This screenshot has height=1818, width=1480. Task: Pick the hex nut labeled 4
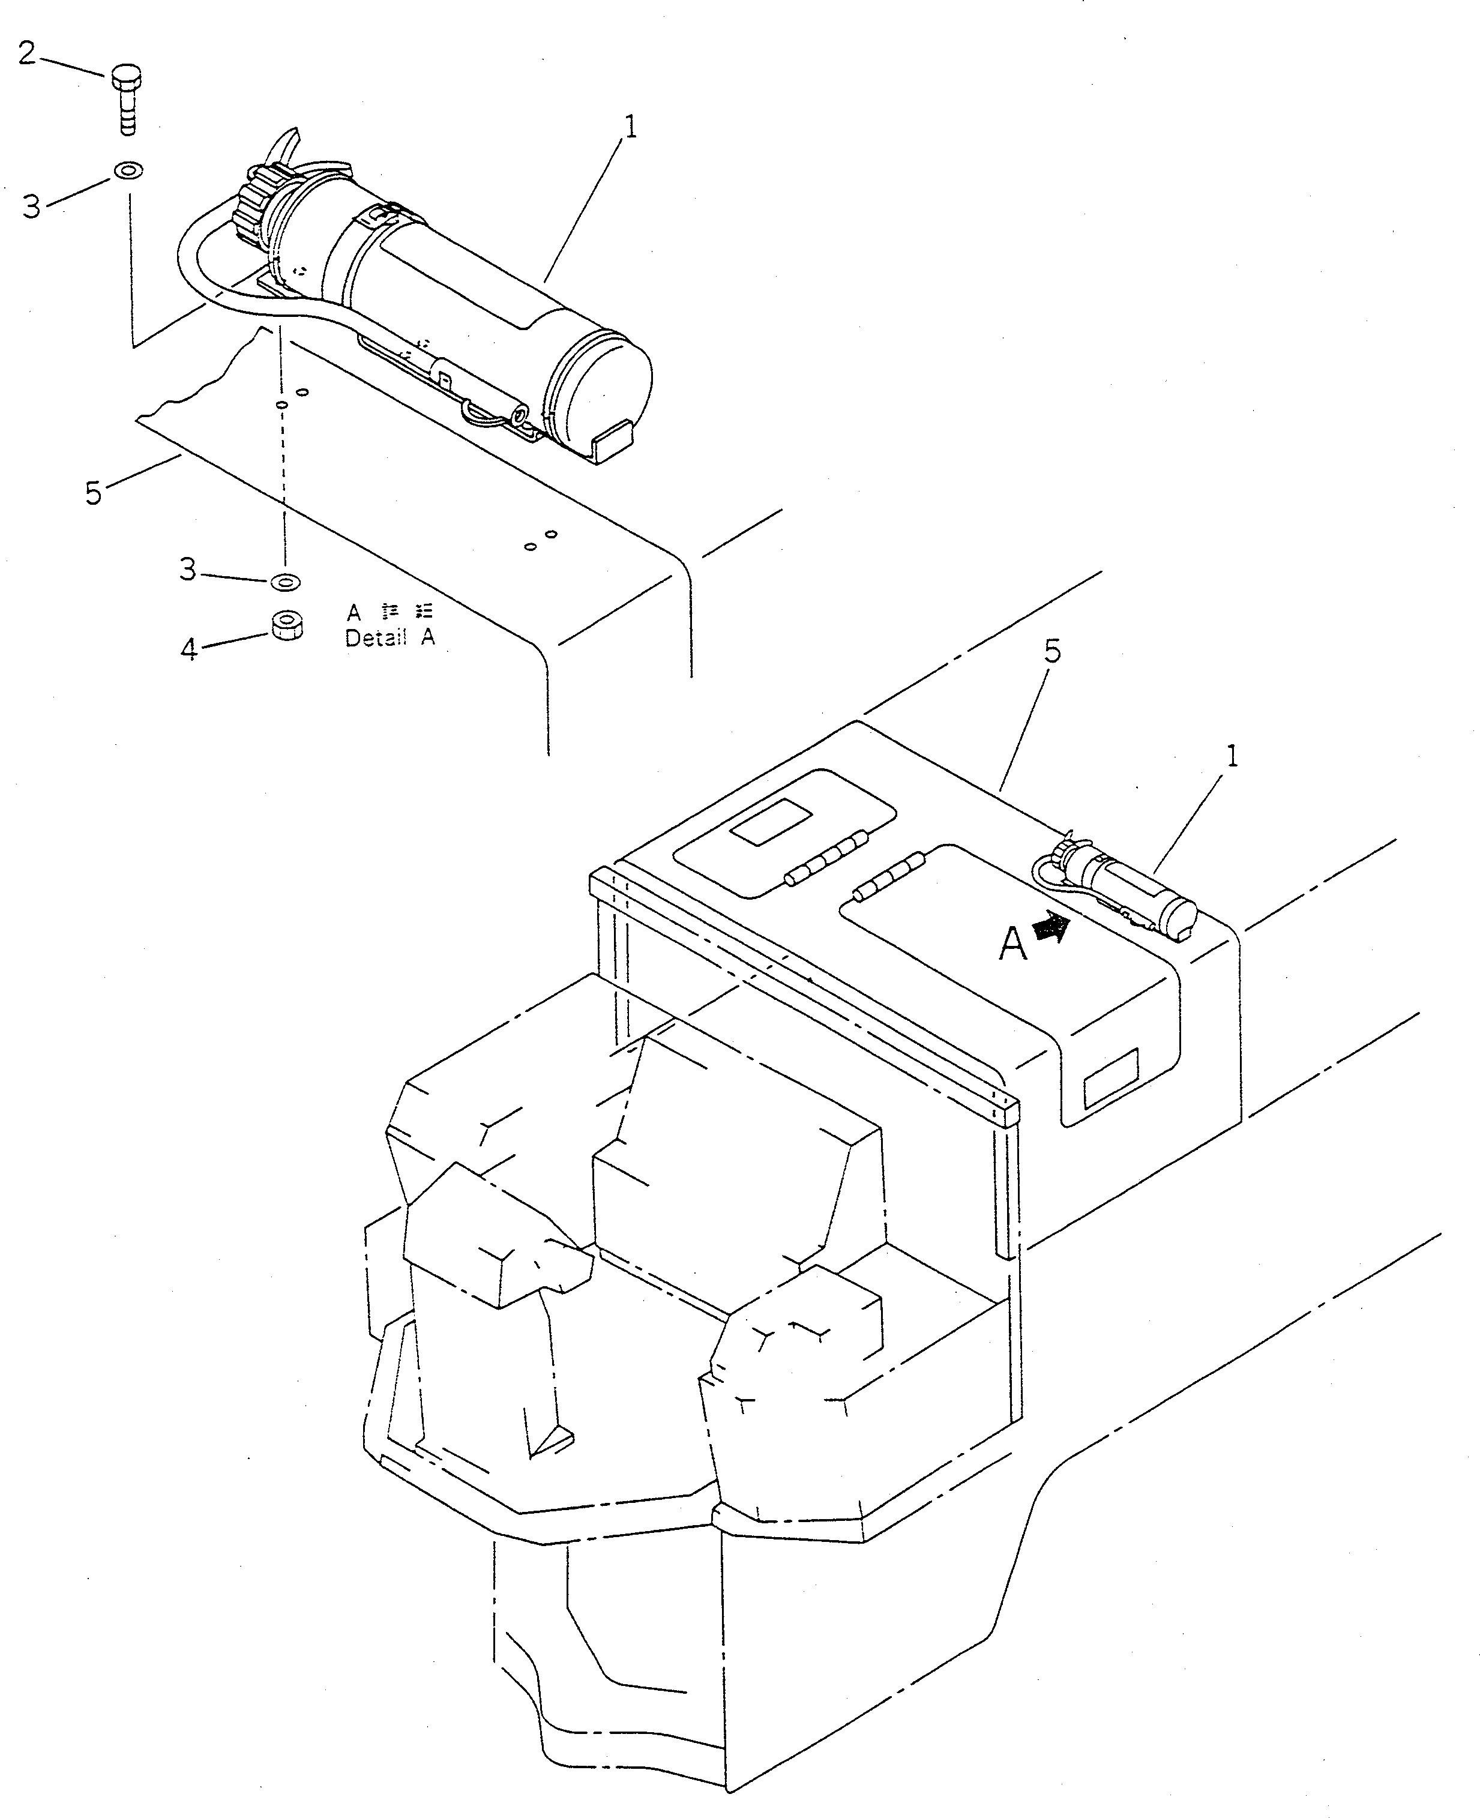287,624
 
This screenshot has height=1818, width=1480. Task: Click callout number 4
189,650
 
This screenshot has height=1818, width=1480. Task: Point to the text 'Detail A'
390,638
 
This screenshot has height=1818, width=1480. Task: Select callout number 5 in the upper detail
94,493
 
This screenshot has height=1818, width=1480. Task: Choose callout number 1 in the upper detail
630,128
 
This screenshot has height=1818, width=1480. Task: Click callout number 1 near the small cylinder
1231,756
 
